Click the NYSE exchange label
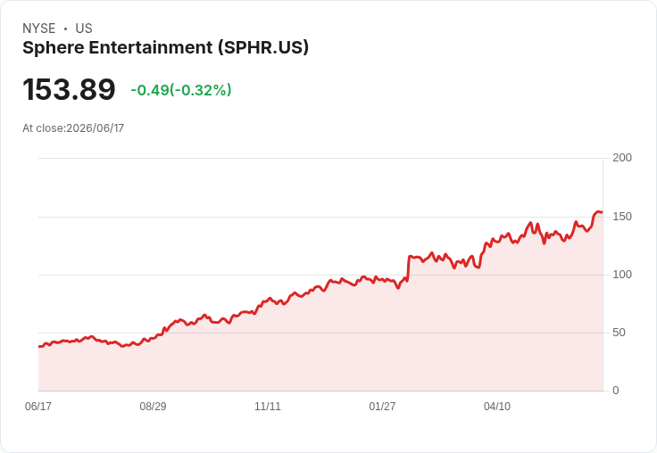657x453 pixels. pos(39,29)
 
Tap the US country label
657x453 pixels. pos(84,29)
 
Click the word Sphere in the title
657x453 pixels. pos(54,48)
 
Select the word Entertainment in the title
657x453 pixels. pos(151,47)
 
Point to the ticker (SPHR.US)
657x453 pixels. pos(263,48)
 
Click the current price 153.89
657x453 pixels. pos(69,89)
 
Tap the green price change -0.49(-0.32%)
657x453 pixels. pos(181,90)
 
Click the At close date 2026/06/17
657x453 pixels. pos(96,128)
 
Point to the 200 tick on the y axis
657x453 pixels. pos(622,158)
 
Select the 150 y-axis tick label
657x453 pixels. pos(622,217)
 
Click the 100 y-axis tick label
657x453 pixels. pos(622,275)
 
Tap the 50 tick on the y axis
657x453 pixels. pos(619,333)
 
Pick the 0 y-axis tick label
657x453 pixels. pos(616,391)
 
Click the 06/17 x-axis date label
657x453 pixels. pos(38,407)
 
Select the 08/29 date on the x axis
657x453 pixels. pos(153,407)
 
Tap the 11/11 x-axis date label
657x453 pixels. pos(268,407)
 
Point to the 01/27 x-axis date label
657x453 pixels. pos(382,407)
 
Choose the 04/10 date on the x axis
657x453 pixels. pos(497,407)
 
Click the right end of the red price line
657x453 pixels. pos(603,212)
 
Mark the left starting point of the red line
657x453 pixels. pos(39,347)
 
